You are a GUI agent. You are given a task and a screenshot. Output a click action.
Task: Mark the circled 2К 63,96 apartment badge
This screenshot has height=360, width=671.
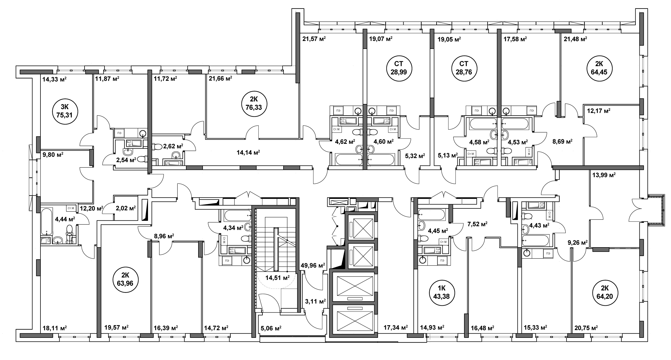[125, 280]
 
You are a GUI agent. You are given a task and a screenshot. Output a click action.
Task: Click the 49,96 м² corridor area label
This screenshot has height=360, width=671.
[313, 265]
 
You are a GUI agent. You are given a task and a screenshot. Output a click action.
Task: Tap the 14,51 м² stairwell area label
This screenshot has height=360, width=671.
[277, 277]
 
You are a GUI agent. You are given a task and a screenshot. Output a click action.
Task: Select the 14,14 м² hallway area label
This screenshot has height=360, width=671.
[248, 152]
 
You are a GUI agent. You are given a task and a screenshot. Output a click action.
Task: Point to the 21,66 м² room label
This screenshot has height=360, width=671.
[220, 78]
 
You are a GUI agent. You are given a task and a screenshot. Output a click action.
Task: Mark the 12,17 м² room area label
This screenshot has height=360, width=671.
[599, 111]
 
